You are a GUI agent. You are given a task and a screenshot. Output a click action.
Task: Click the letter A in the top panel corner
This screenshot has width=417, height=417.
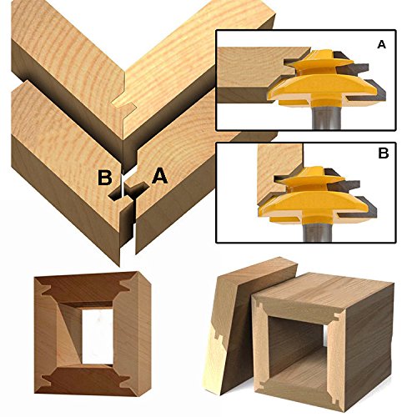pos(381,44)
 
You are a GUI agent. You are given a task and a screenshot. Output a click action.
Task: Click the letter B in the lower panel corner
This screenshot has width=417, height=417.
pos(384,153)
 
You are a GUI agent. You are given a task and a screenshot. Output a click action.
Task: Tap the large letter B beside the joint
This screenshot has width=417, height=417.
pos(105,178)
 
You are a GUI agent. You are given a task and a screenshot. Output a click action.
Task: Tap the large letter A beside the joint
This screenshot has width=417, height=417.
pos(160,176)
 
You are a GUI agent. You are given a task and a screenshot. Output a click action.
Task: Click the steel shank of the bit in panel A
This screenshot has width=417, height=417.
pos(326,118)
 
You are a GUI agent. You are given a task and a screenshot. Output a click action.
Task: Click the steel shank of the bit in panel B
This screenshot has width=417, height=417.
pos(317,232)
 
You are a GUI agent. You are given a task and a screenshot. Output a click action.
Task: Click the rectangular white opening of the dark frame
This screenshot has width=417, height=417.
pos(98,336)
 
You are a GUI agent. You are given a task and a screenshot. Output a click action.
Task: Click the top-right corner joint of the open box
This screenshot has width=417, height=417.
pos(338,317)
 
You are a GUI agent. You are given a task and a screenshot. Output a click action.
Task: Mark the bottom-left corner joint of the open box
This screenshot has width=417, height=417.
pos(261,384)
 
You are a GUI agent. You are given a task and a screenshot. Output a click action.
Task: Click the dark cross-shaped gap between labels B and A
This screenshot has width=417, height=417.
pos(128,192)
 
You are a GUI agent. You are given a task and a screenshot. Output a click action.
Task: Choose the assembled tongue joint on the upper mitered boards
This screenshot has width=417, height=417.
pos(124,105)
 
